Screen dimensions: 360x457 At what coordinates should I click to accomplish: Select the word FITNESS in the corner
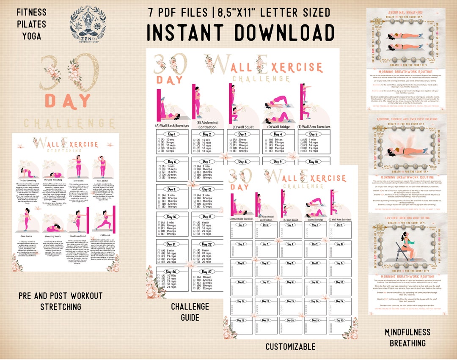(32, 13)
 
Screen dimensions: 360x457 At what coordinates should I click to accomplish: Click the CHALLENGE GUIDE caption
(190, 311)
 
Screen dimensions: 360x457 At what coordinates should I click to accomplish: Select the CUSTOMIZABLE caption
(290, 347)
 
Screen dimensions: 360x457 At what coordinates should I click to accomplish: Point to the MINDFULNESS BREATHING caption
(407, 338)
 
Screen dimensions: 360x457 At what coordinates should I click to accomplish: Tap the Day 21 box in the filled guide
(172, 251)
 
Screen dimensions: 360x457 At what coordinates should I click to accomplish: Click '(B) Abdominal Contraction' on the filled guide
(208, 124)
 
